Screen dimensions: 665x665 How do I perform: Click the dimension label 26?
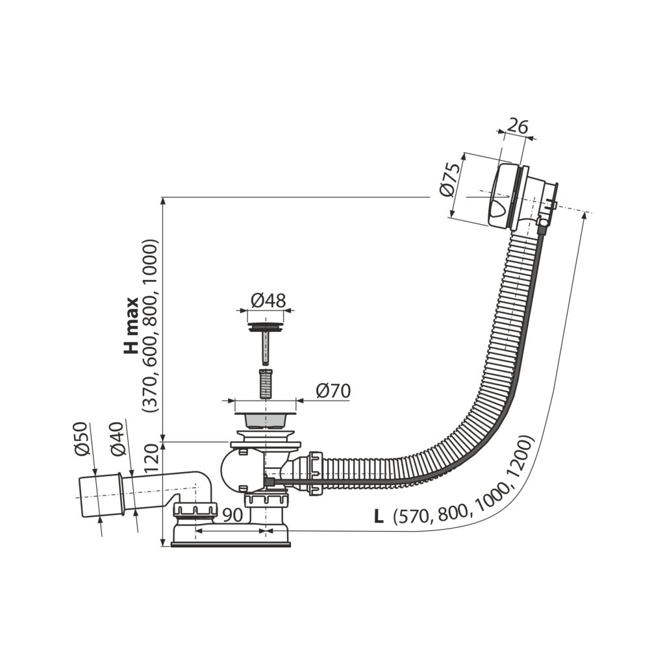(517, 126)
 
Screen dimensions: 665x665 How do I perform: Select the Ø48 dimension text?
(268, 301)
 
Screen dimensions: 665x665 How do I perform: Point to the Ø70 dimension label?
(333, 391)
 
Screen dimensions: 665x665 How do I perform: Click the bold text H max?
(132, 325)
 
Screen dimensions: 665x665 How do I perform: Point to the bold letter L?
(378, 517)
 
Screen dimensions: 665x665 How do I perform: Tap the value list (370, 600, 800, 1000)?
(151, 325)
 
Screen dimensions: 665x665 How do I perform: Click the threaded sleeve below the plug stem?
(266, 384)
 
